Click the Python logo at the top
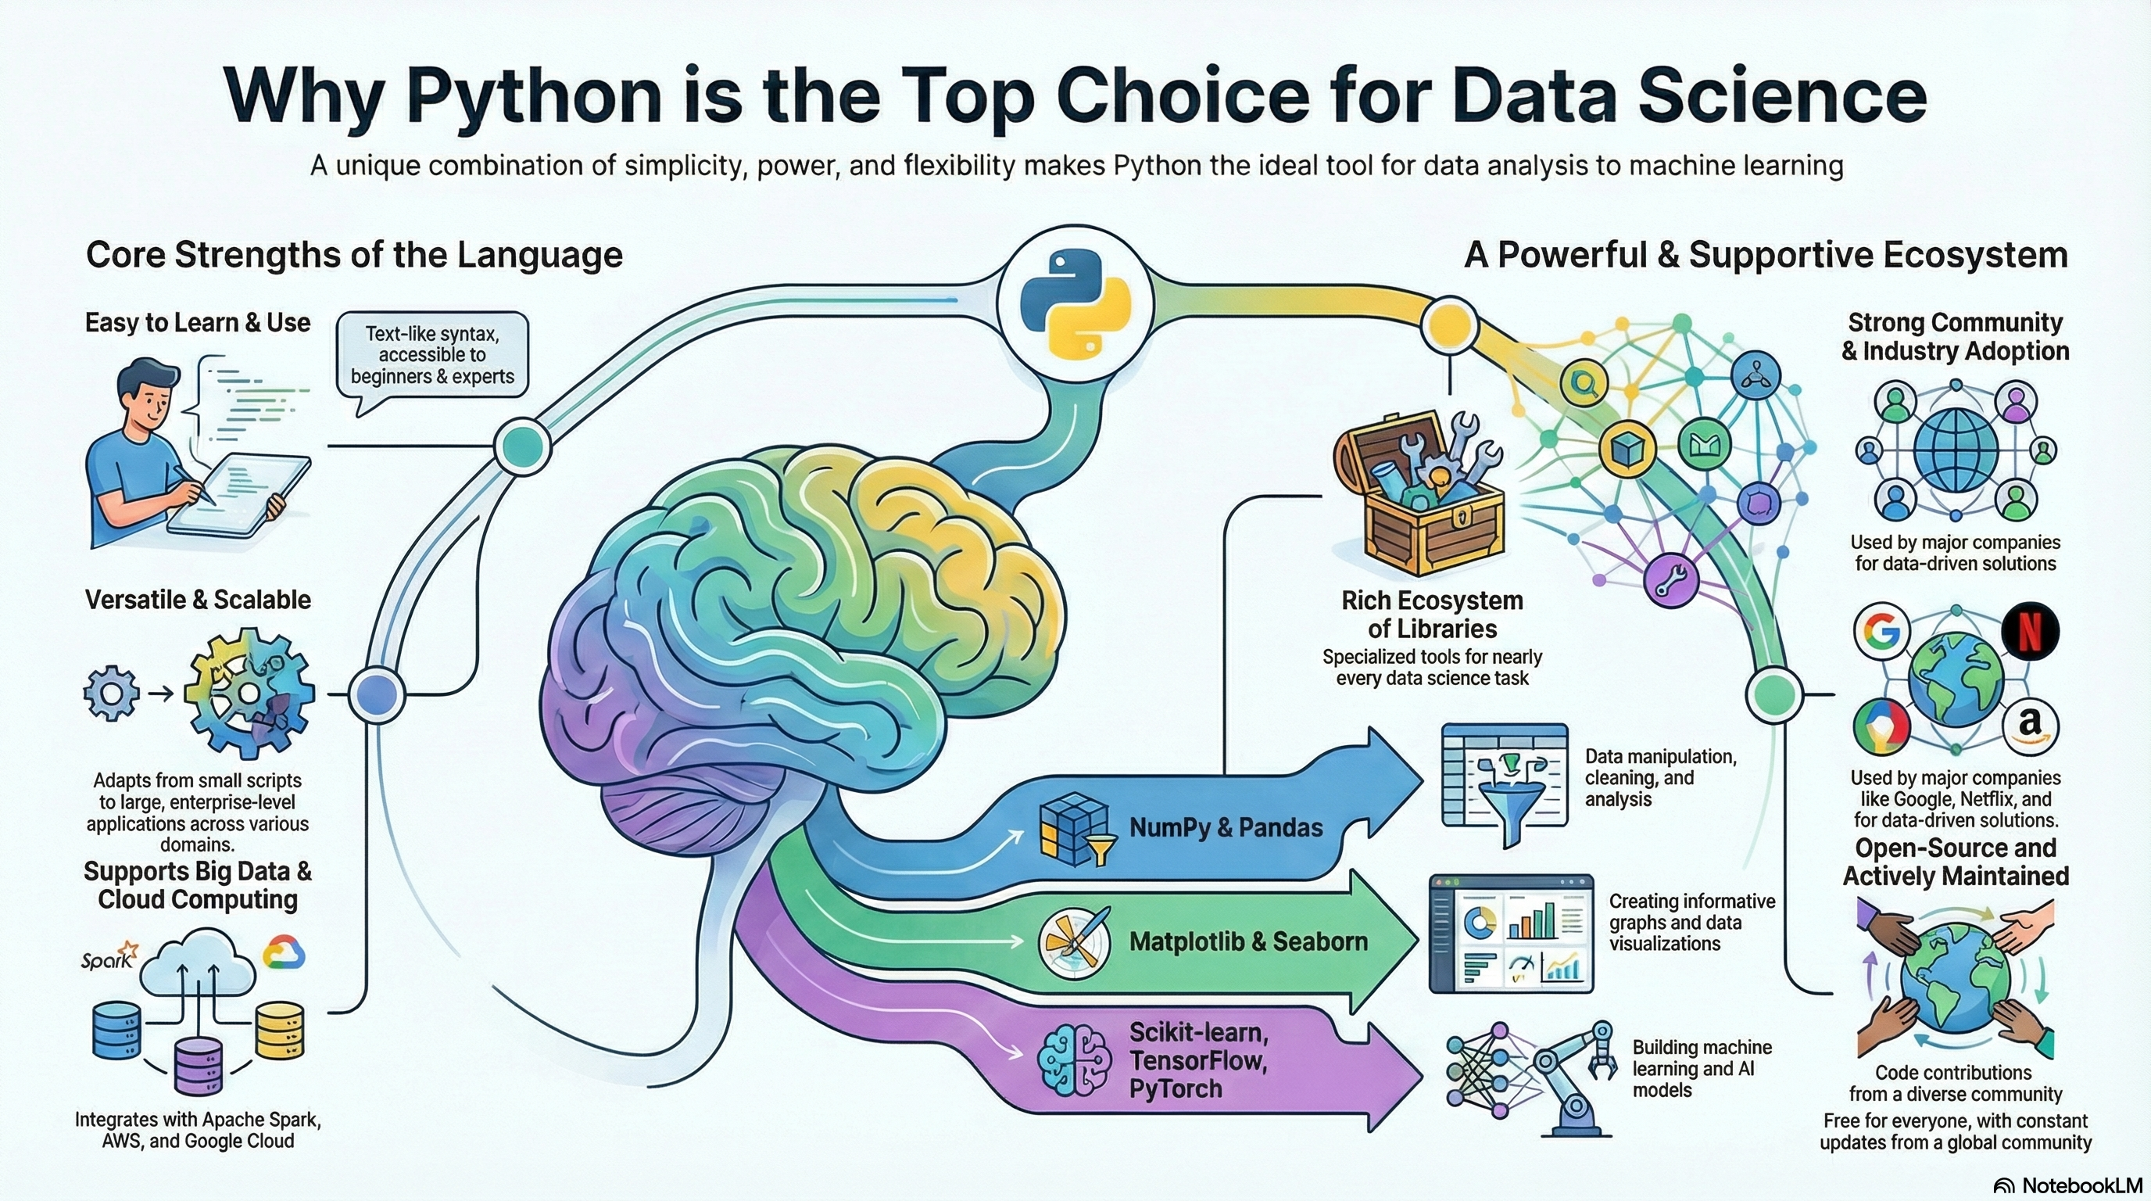[1075, 304]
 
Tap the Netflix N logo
[2030, 633]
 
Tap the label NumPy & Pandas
[1226, 828]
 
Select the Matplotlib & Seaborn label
[1247, 941]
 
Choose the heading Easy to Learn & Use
[198, 322]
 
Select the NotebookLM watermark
[2068, 1186]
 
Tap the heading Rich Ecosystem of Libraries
[1432, 614]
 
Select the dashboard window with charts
[1512, 933]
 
